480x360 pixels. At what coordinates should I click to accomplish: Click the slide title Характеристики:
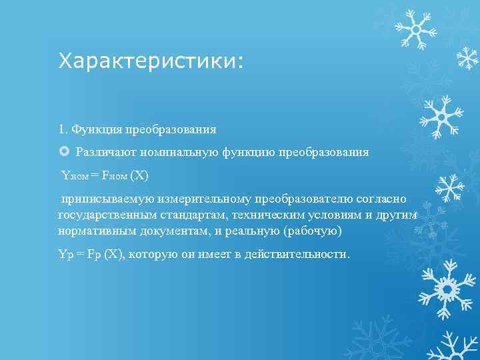coord(151,62)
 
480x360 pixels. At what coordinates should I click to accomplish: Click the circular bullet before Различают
coord(64,152)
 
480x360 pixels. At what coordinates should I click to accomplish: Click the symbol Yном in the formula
coord(75,176)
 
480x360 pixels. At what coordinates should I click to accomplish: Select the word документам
coord(176,230)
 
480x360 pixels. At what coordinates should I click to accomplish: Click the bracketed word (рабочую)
coord(313,230)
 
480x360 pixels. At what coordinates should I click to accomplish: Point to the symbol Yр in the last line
coord(65,255)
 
